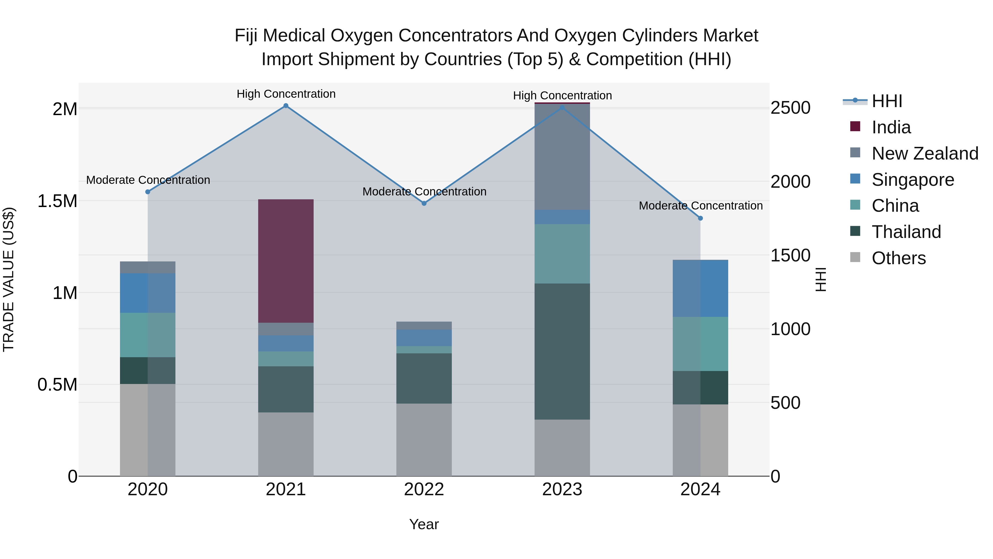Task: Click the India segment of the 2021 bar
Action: point(286,261)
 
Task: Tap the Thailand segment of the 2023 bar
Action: point(562,351)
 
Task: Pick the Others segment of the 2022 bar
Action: point(424,440)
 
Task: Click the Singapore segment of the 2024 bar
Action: point(700,288)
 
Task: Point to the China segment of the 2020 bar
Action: point(148,335)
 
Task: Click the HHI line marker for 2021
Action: point(286,106)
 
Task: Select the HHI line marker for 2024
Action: point(700,218)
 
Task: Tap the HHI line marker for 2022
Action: point(424,203)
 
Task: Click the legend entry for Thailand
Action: point(906,232)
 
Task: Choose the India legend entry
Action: point(891,127)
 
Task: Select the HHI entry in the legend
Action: point(887,101)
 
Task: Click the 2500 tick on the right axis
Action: point(790,108)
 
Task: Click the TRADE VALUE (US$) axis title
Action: point(9,279)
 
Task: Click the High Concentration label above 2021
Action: point(286,94)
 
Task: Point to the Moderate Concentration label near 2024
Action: point(700,206)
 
